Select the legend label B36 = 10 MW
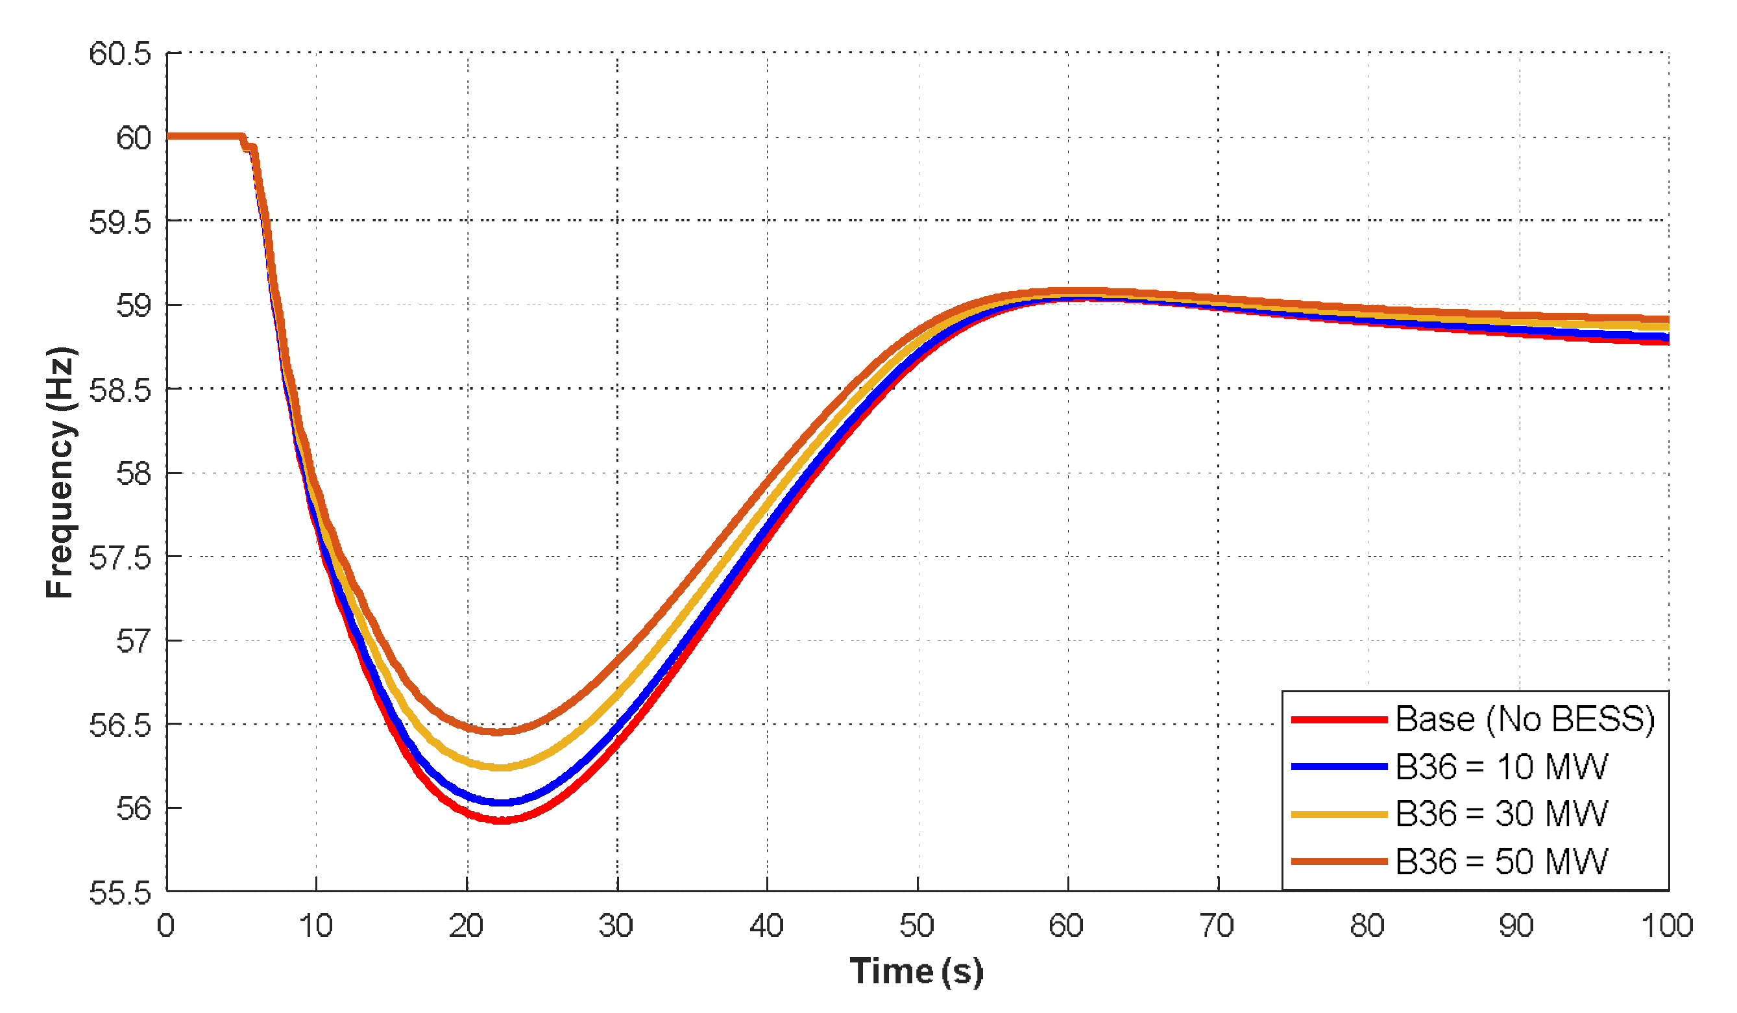pos(1501,767)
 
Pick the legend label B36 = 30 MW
pos(1501,814)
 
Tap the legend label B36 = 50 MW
pos(1501,862)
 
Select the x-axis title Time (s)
pos(916,971)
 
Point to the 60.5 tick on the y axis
pos(120,54)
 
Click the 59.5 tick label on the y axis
pos(120,222)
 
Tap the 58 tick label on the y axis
pos(133,475)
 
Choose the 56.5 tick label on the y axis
pos(120,726)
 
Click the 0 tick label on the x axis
pos(166,926)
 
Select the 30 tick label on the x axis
pos(616,926)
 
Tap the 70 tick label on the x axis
pos(1217,926)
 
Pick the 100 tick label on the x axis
pos(1667,926)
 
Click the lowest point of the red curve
pos(502,821)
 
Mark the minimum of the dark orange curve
pos(498,732)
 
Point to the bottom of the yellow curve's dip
pos(501,768)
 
